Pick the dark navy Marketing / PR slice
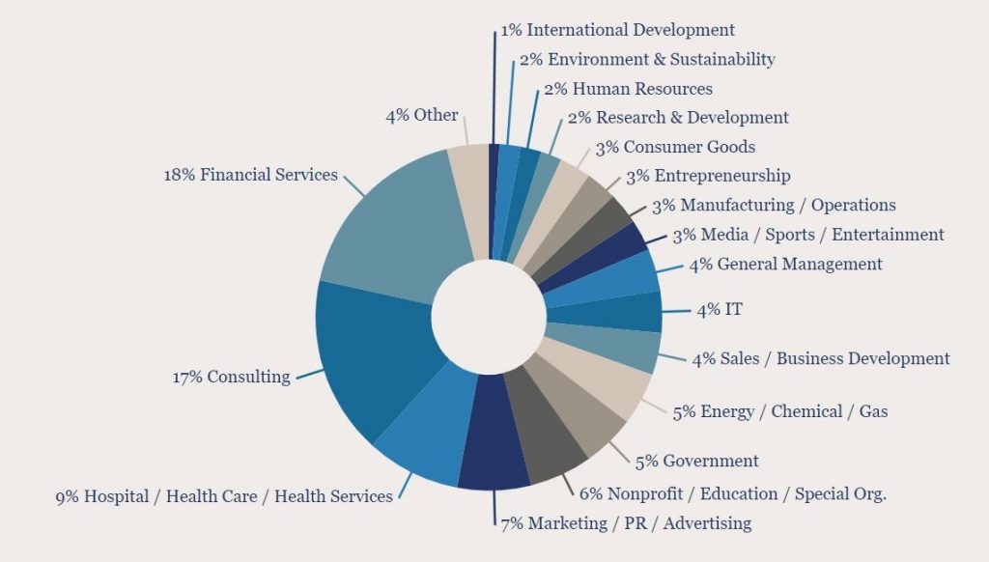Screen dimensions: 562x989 [494, 454]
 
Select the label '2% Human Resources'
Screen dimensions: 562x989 [628, 89]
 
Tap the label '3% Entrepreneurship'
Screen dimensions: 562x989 [708, 176]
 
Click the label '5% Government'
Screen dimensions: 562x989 [696, 461]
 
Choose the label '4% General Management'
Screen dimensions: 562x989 [785, 264]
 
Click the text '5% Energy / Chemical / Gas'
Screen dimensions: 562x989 [780, 411]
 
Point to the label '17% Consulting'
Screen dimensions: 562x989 [231, 377]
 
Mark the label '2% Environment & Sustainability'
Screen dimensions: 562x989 [647, 59]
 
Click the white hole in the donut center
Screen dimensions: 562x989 [489, 314]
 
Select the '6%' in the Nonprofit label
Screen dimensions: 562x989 [590, 493]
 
